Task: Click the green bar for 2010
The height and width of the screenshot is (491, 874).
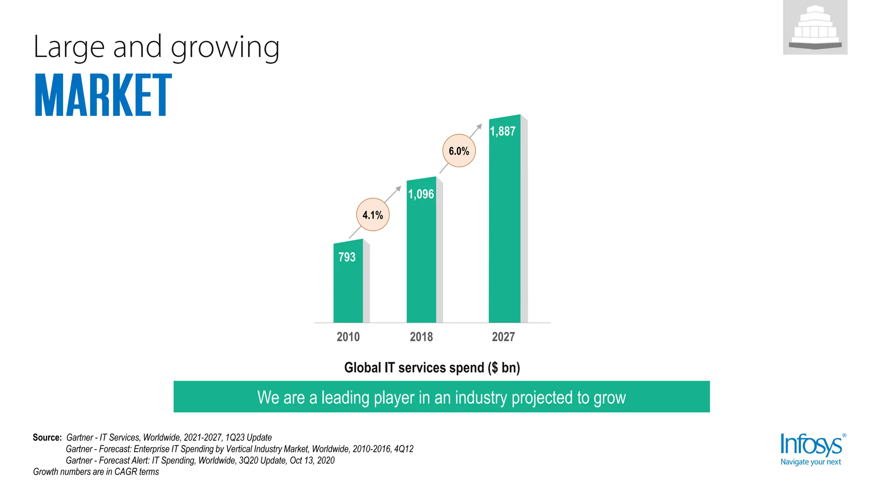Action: pos(348,290)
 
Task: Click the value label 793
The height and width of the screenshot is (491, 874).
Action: pos(347,257)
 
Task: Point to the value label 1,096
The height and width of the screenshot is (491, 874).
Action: pos(421,194)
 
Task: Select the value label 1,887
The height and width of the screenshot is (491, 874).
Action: pos(503,131)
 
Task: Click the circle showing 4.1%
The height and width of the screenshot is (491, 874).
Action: pos(373,215)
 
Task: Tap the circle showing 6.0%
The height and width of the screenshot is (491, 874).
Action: pos(459,151)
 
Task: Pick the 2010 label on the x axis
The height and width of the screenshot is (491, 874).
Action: pos(348,337)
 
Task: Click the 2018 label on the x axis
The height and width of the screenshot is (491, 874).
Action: pos(421,337)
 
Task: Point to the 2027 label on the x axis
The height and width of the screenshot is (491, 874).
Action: pos(503,337)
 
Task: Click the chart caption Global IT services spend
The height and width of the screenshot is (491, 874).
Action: pos(432,367)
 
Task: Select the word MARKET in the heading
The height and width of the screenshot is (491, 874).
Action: pos(103,95)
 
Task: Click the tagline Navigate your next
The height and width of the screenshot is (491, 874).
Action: pos(810,462)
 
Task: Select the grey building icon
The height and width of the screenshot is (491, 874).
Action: pos(815,28)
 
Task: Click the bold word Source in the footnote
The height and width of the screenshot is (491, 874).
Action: pos(47,438)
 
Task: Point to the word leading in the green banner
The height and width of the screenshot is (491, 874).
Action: pos(345,397)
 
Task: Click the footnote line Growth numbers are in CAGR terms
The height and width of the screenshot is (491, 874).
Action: pos(96,472)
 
